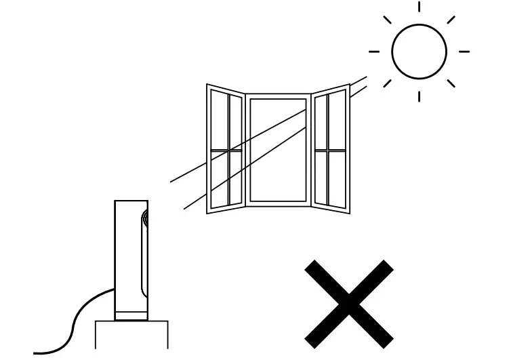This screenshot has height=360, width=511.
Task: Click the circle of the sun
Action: coord(419,51)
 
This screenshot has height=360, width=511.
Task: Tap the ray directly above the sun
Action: coord(419,7)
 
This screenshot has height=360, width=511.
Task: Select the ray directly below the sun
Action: coord(419,95)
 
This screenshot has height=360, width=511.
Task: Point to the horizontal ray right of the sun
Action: coord(464,52)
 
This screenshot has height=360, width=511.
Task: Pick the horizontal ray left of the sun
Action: coord(373,52)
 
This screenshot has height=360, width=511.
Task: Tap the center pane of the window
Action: coord(278,151)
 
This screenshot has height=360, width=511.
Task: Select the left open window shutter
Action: coord(225,149)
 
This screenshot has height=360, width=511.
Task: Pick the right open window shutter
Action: coord(331,149)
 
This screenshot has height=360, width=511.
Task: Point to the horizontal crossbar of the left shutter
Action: coord(225,150)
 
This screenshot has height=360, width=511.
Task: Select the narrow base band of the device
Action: coord(131,315)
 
